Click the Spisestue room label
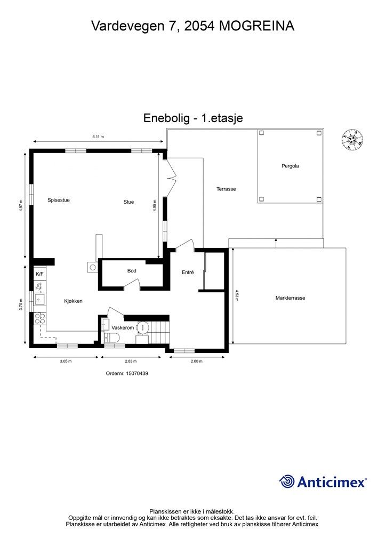tap(59, 200)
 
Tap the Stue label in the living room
tap(128, 202)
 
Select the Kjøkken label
tap(74, 301)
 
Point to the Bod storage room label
tap(132, 271)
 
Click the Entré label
tap(188, 272)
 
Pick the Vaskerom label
tap(122, 328)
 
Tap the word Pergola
tap(290, 166)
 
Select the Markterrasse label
tap(290, 298)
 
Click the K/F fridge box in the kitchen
tap(40, 274)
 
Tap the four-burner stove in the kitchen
tap(40, 319)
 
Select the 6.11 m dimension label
tap(98, 137)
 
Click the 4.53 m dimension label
tap(237, 295)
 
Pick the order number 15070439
tap(127, 374)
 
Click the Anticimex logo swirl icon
tap(287, 482)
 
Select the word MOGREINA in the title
tap(256, 25)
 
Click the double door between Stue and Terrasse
tap(171, 176)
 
